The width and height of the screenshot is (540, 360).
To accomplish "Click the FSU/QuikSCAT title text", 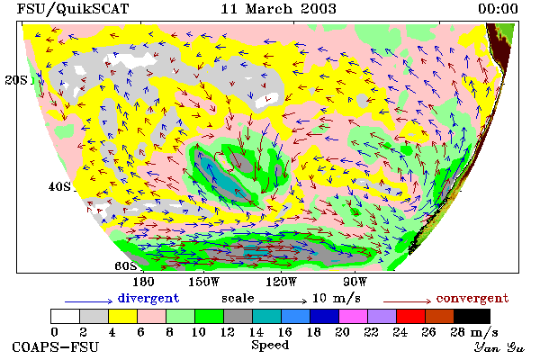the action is [73, 9].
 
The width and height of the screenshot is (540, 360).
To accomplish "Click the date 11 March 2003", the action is [278, 9].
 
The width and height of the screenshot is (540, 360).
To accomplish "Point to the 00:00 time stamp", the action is [498, 9].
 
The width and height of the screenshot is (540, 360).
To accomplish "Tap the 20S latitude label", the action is [16, 80].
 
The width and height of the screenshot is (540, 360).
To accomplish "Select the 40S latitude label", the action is [59, 186].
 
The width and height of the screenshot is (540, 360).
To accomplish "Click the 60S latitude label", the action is [125, 265].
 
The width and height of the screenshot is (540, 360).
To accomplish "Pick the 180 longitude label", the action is [143, 282].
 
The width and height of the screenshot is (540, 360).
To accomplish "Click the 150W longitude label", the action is [204, 282].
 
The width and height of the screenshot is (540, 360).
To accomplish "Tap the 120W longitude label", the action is [281, 282].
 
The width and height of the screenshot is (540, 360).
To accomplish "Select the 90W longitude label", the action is [355, 282].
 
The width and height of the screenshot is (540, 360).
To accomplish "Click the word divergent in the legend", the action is [148, 298].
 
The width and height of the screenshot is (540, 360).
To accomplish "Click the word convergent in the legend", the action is [472, 298].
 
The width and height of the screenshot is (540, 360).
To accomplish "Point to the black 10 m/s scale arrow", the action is [283, 301].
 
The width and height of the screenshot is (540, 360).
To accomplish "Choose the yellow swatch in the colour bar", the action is [123, 316].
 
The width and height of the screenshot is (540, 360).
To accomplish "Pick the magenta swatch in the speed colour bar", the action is [353, 316].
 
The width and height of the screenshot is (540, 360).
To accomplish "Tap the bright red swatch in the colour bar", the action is [410, 316].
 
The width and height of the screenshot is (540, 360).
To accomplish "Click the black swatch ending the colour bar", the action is [472, 316].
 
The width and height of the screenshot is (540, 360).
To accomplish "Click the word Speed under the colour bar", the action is [270, 346].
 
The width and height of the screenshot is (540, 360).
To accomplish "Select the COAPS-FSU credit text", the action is [56, 346].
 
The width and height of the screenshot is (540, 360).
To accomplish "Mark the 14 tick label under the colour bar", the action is [256, 332].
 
